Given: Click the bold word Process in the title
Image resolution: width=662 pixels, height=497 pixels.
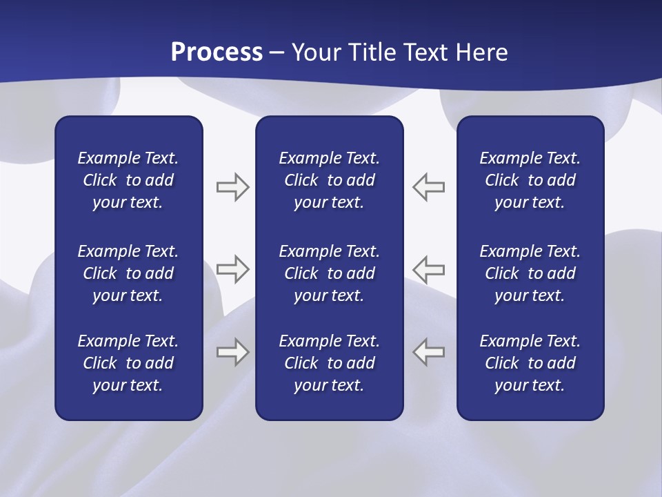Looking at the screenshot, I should tap(217, 52).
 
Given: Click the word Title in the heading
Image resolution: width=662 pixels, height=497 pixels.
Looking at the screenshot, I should tap(373, 52).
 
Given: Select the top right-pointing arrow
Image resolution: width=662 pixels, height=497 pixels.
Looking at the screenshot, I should tap(232, 187).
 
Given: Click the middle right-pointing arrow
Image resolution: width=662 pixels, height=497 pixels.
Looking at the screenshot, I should tap(232, 269).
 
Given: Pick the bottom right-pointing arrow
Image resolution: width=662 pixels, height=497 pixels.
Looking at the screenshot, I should tap(232, 352).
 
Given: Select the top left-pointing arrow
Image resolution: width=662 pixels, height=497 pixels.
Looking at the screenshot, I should tap(429, 187).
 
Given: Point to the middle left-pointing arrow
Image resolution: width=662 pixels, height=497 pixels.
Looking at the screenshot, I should tap(429, 269).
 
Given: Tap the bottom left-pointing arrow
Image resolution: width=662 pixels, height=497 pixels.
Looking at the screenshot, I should tap(429, 352).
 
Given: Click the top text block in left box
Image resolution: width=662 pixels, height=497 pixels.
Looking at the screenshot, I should tap(128, 180).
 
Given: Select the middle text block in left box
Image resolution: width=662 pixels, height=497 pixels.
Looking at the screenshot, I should tap(128, 273).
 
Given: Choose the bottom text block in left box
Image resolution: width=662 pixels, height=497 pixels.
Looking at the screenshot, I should tap(128, 363).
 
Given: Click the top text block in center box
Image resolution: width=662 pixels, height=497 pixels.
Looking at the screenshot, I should tap(329, 180).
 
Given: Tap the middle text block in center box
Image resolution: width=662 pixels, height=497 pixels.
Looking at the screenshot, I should tap(329, 273).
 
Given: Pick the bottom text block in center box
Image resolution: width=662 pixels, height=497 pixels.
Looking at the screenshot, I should tap(329, 363).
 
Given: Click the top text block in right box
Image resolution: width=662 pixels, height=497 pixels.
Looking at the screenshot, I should tap(530, 180).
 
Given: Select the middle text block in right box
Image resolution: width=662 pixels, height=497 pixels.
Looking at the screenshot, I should tap(530, 273).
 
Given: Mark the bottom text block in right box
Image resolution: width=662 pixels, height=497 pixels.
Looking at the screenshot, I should tap(530, 363).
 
